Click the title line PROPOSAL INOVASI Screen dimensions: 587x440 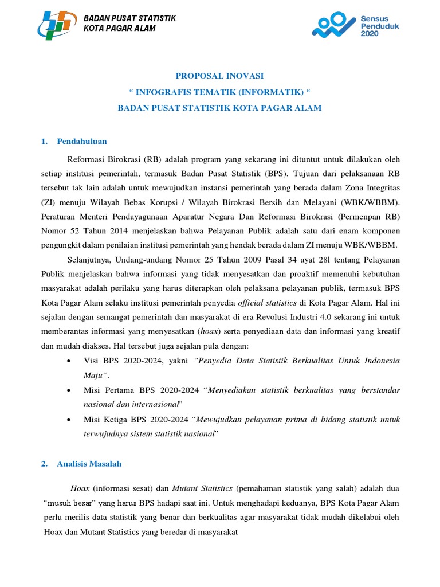tap(220, 76)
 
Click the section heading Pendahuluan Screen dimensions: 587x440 tap(82, 141)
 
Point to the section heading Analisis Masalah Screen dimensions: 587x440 tap(89, 464)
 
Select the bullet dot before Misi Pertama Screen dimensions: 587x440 tap(69, 390)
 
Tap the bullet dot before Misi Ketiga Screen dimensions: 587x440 tap(69, 420)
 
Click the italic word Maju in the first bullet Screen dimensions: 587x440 tap(93, 375)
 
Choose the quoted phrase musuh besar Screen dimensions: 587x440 tap(69, 503)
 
